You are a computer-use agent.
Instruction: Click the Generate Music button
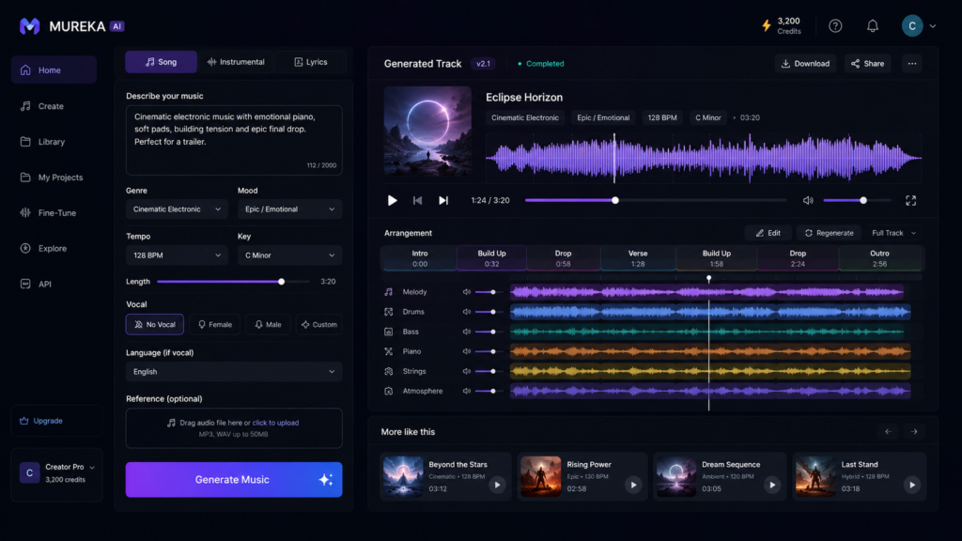234,480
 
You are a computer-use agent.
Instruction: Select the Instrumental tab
236,62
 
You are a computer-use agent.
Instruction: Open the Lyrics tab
311,62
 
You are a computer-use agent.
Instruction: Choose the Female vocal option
215,324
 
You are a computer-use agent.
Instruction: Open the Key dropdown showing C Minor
289,255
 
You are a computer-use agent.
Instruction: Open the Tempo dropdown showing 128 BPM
177,255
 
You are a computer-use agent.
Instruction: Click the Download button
805,64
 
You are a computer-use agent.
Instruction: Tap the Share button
867,64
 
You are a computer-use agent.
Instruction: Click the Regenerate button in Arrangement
829,233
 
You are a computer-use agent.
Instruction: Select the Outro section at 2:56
879,258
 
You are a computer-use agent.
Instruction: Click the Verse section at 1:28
638,258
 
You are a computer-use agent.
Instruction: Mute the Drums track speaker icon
467,312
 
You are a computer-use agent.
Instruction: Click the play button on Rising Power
633,486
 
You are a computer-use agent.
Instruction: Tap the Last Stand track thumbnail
815,476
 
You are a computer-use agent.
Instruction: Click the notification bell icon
873,25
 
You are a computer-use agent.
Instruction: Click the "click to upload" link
275,423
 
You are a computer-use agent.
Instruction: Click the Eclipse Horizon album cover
427,131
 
